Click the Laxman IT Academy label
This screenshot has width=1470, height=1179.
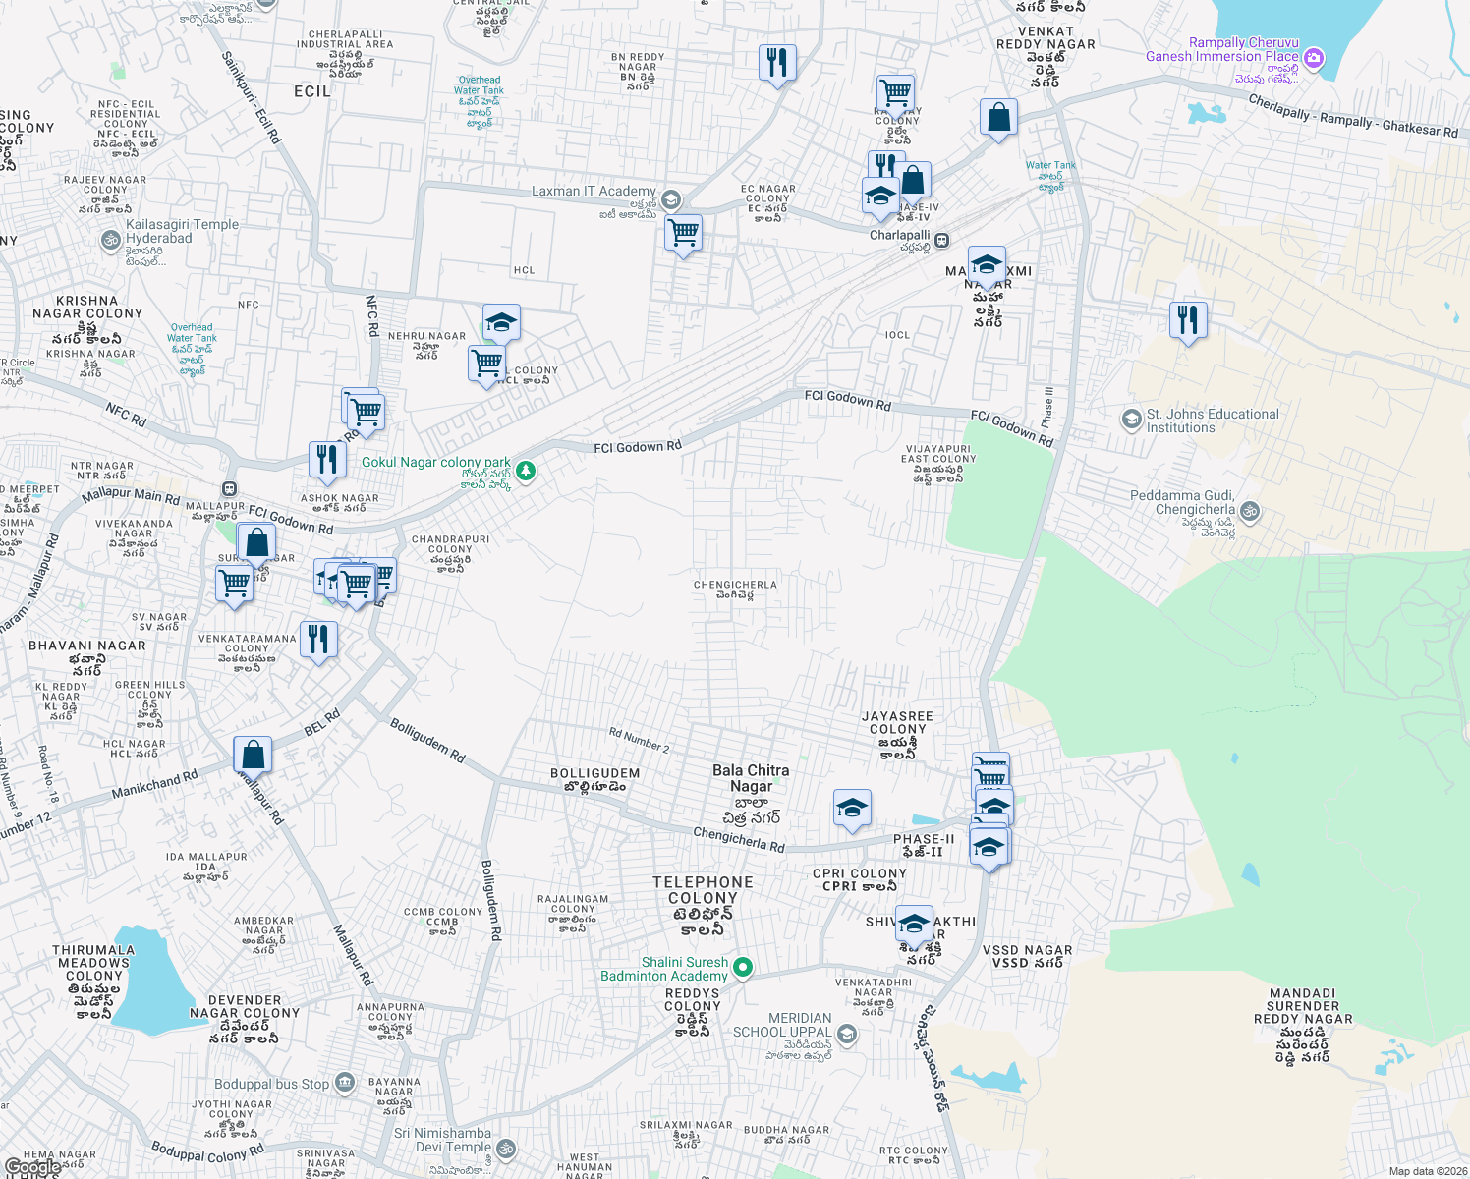point(594,191)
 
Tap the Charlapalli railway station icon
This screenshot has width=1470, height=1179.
point(941,239)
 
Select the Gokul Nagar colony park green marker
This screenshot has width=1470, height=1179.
point(527,472)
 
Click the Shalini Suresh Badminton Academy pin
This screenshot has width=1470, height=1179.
point(743,968)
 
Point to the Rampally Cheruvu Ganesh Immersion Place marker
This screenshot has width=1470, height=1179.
point(1314,59)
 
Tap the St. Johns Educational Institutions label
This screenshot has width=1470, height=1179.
point(1213,421)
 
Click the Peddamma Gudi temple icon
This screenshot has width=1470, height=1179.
point(1250,511)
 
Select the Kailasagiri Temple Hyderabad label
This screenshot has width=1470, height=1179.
point(182,232)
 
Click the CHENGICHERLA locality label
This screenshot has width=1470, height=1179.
point(735,585)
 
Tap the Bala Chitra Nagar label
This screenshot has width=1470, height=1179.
point(751,778)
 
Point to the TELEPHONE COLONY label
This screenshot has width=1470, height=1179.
point(703,890)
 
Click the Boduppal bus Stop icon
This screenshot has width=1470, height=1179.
point(344,1083)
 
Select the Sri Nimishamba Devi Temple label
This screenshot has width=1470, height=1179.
point(442,1140)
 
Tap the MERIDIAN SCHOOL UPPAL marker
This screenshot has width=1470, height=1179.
point(847,1034)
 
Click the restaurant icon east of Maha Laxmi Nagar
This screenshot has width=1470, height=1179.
point(1188,319)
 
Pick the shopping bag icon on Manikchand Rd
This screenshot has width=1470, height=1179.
point(253,755)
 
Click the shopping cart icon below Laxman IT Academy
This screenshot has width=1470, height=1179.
point(683,234)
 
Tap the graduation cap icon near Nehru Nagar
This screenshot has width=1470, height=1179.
point(500,322)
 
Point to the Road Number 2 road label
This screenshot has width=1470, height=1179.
point(639,740)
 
